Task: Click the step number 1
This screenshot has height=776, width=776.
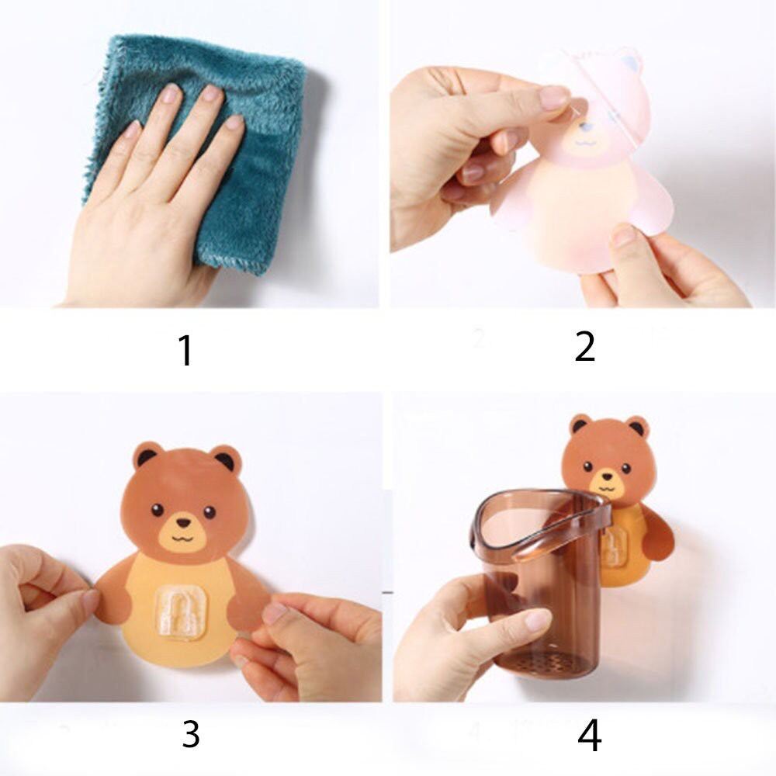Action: pos(185,350)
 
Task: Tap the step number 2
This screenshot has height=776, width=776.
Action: pos(584,347)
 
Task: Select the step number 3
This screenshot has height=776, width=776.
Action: pos(190,734)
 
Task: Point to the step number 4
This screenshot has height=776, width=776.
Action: pos(589,736)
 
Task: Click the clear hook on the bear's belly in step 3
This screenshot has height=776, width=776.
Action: pos(180,612)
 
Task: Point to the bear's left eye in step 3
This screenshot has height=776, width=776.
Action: pos(158,509)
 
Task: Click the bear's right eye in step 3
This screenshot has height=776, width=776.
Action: pos(209,512)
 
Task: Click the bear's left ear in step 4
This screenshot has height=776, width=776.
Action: pos(580,424)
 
